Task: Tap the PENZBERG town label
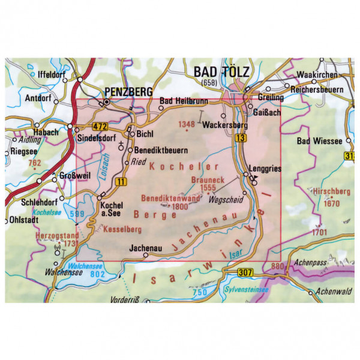(x=126, y=91)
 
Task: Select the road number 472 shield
(x=100, y=126)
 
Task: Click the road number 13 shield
(x=241, y=139)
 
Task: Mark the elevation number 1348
(x=187, y=124)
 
